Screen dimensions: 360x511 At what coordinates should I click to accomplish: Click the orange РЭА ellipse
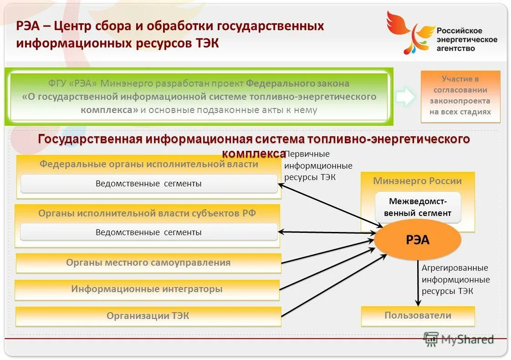point(418,240)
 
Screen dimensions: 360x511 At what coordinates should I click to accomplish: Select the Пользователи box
point(418,316)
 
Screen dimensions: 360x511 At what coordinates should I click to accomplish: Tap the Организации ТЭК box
point(148,316)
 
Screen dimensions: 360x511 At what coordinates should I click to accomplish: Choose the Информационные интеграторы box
point(147,289)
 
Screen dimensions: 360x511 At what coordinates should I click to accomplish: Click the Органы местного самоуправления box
point(148,263)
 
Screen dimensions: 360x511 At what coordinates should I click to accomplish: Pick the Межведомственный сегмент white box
point(418,207)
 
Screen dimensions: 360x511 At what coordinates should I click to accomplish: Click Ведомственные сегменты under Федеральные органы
point(148,184)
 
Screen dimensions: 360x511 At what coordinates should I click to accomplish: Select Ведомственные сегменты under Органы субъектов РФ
point(148,232)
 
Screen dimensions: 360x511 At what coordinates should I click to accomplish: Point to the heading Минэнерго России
point(418,181)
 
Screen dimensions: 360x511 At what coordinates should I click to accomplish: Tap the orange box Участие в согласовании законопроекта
point(460,96)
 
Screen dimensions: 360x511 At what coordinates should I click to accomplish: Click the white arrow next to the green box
point(404,97)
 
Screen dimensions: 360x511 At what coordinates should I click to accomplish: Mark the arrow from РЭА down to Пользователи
point(418,283)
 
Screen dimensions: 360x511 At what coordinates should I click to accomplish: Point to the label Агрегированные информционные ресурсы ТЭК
point(455,279)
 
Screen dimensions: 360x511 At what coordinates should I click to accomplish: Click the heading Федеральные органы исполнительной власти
point(148,164)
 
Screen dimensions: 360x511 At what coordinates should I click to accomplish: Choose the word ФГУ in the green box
point(57,84)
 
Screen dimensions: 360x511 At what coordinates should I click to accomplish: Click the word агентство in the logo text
point(456,48)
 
